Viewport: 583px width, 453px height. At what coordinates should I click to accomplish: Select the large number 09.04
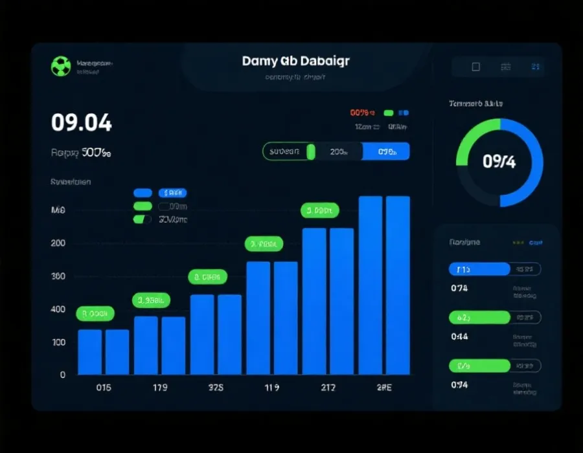pos(82,122)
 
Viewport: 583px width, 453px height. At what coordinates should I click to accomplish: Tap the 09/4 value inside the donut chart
pos(499,162)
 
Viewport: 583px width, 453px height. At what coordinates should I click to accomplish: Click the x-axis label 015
pos(103,388)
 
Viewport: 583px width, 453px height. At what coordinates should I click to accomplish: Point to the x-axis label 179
pos(159,388)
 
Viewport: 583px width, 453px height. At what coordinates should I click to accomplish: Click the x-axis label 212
pos(328,388)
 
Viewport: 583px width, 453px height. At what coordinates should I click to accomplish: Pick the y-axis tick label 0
pos(63,375)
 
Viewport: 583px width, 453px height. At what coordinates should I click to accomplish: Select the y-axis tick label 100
pos(58,342)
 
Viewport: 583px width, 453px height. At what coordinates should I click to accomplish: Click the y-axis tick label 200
pos(58,243)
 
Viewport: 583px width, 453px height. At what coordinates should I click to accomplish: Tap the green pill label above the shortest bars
pos(95,314)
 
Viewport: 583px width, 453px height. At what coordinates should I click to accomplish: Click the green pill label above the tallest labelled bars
pos(320,210)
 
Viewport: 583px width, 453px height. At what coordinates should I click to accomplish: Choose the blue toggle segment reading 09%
pos(386,152)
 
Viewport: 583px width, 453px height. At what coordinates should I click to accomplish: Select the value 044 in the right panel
pos(459,337)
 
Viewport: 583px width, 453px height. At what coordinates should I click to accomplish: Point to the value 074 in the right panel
pos(459,288)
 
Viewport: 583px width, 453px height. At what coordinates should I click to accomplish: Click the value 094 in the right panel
pos(459,385)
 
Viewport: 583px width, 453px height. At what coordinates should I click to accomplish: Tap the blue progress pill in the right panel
pos(479,269)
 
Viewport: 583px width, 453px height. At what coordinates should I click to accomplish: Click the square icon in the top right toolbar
pos(475,67)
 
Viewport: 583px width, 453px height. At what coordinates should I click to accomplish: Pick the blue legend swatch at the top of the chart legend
pos(143,193)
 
